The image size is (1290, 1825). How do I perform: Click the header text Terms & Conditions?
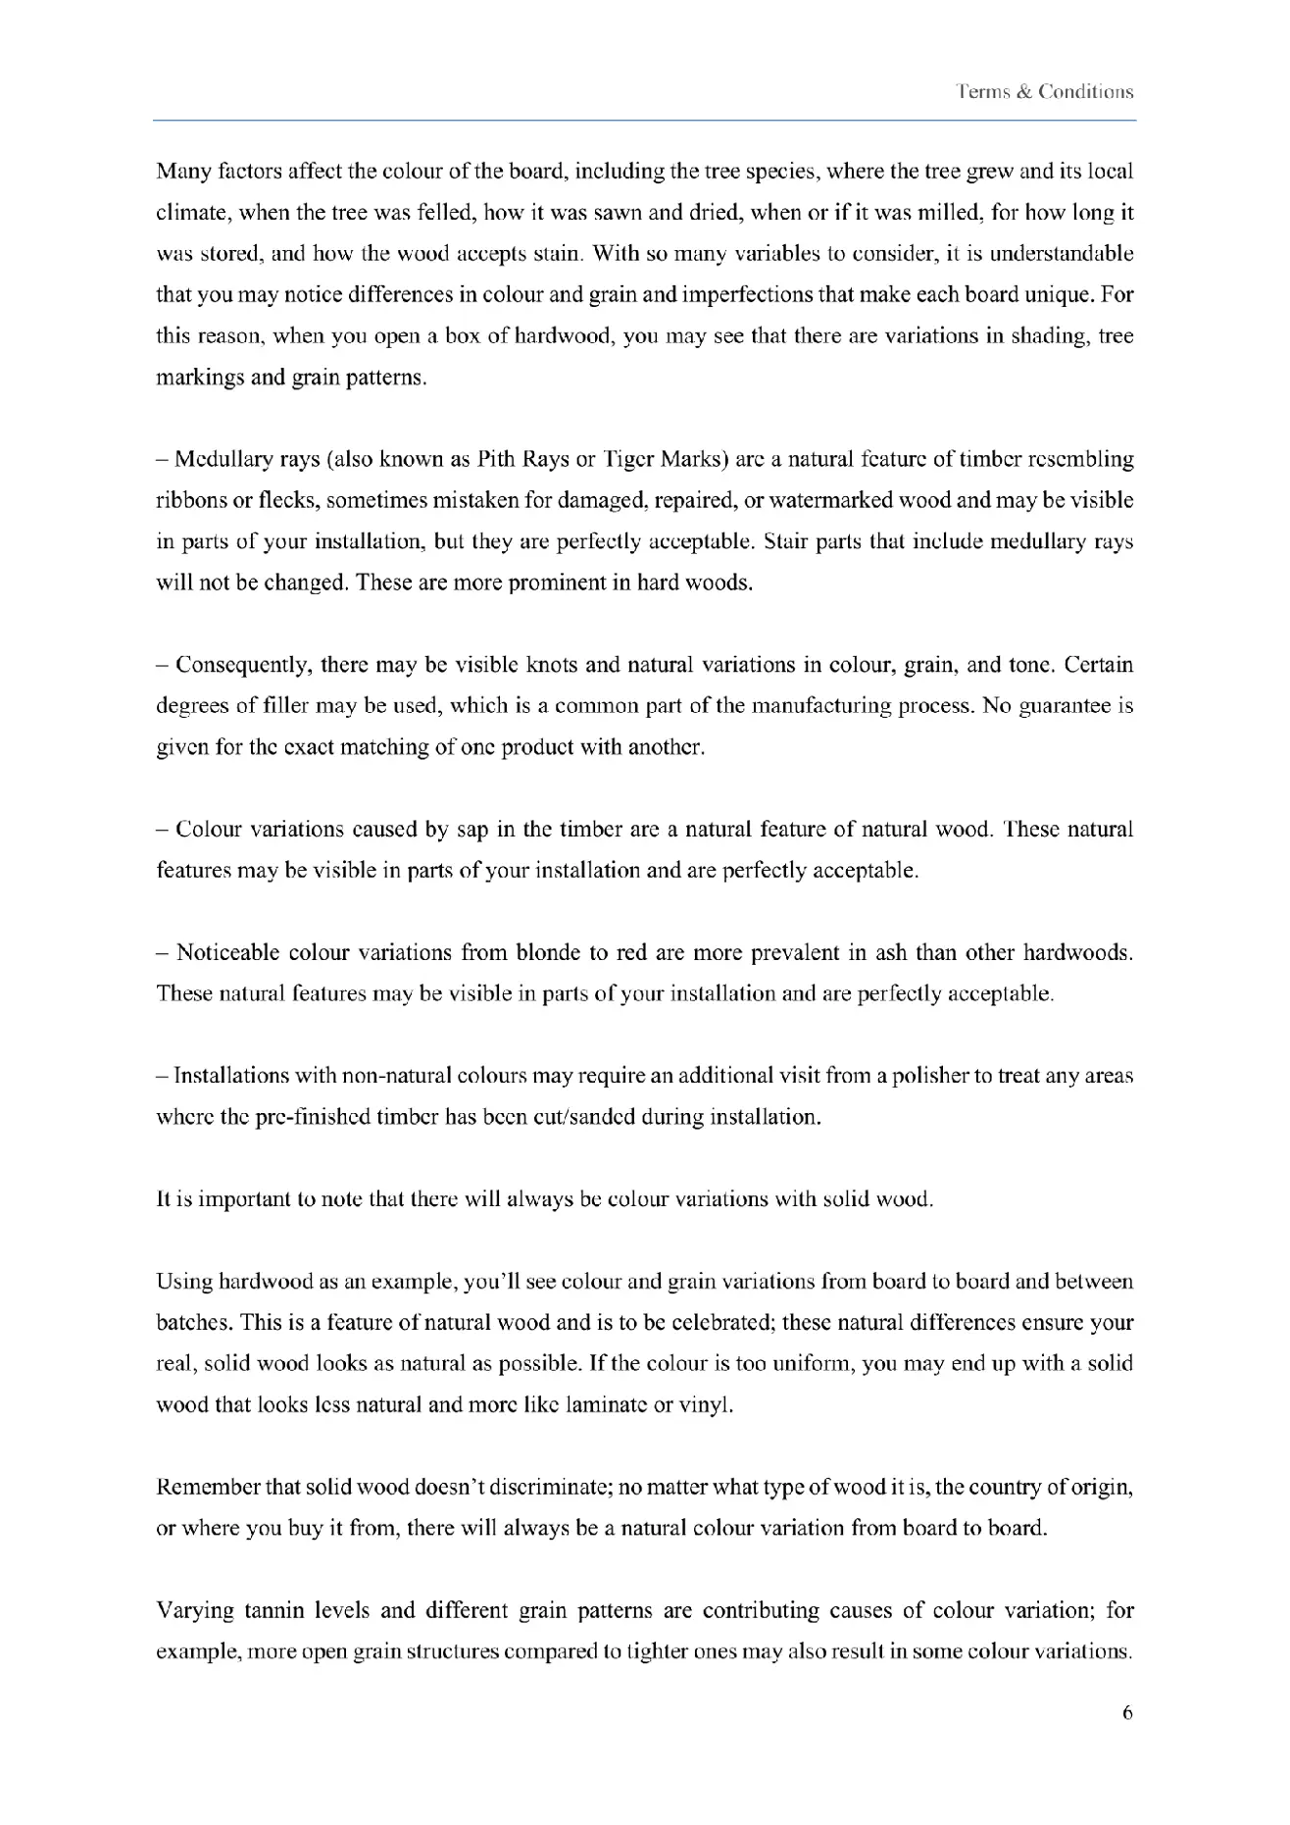pyautogui.click(x=1045, y=92)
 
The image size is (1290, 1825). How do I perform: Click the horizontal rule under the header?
pyautogui.click(x=644, y=121)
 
